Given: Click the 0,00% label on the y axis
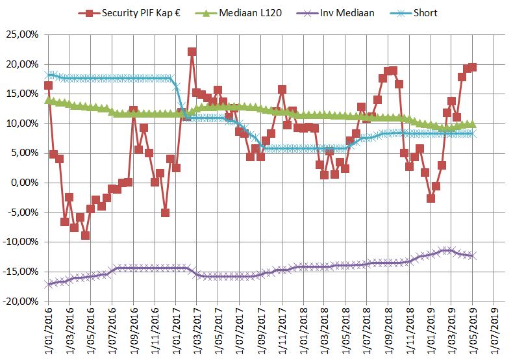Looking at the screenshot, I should (25, 183).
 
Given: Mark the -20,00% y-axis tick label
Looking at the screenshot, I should (21, 302).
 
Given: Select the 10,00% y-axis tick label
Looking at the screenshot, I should (23, 123).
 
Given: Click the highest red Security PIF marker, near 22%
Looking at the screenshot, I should (192, 51).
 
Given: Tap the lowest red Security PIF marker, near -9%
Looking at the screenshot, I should (85, 235).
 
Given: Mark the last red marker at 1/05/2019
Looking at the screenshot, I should (473, 67).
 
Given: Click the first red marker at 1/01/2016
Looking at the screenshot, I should (48, 86).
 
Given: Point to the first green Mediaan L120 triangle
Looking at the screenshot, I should (48, 100).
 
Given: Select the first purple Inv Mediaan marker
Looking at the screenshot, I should (48, 285).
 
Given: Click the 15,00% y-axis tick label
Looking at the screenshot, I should (23, 94).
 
